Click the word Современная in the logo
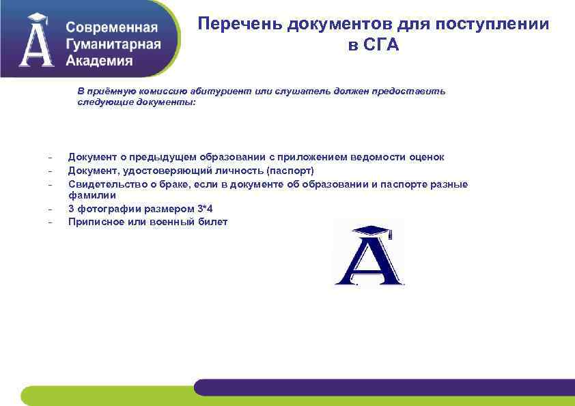[x=112, y=29]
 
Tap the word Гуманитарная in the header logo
[x=113, y=44]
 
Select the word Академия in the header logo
[x=100, y=60]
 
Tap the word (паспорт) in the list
[x=290, y=170]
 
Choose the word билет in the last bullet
[x=213, y=222]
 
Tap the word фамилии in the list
[x=87, y=195]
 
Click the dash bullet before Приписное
[x=50, y=222]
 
